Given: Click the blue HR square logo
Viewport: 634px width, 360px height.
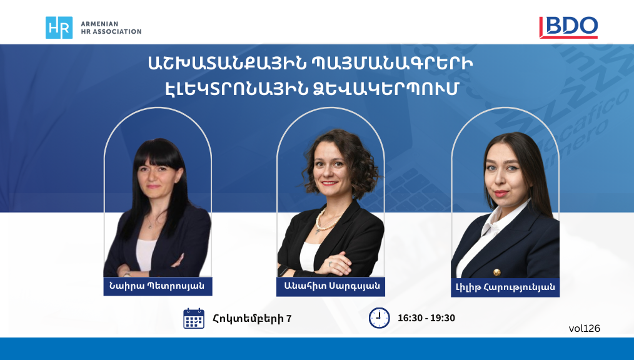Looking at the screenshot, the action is click(59, 27).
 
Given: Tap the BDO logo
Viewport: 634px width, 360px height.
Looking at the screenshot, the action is click(568, 27).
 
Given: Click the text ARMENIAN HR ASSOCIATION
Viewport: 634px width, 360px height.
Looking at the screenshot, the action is click(111, 27).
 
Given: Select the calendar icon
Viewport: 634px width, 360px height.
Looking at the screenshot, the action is click(194, 318).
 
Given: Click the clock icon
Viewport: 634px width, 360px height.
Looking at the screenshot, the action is click(380, 318).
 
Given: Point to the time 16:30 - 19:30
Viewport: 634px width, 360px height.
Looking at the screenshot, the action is click(426, 318).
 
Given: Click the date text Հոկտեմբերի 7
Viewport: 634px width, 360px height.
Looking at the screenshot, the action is click(253, 318).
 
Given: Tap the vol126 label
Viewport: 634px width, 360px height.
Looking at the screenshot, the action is click(584, 329).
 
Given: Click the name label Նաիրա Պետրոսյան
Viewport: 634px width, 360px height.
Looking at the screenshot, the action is click(158, 286).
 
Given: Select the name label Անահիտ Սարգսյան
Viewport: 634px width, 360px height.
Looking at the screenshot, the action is click(331, 286).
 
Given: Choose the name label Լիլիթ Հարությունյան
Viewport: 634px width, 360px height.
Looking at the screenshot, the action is click(505, 287).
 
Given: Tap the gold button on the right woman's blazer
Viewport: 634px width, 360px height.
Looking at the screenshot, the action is click(497, 272).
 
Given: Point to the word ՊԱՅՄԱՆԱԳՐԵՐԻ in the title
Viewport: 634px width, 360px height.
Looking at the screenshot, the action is click(393, 64).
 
